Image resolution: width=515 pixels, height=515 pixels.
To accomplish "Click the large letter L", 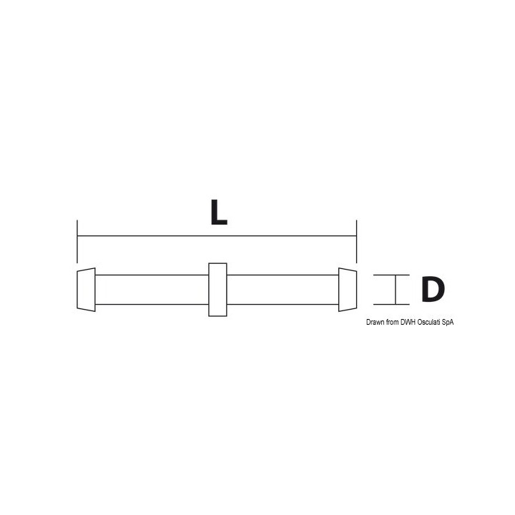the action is [218, 212].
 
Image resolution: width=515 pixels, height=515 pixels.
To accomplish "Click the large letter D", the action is [433, 290].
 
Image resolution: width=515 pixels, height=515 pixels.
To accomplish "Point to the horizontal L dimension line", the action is [217, 236].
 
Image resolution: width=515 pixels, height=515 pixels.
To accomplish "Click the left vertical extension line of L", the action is [77, 242].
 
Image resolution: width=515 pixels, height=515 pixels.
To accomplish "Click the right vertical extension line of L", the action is [356, 242].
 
